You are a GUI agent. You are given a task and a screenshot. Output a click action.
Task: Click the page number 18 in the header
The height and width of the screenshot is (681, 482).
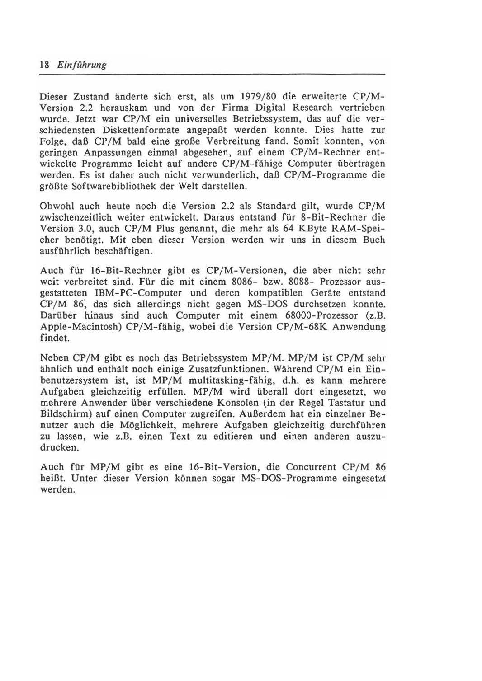[x=44, y=65]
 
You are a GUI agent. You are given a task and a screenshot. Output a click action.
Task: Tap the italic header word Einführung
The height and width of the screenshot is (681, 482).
[x=82, y=65]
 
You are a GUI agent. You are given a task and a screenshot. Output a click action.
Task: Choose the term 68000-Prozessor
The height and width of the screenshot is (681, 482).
[x=334, y=315]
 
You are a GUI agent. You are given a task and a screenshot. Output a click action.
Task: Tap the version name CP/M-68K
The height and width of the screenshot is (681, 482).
[x=299, y=327]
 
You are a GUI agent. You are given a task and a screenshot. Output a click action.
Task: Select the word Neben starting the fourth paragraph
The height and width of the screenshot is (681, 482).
[x=54, y=358]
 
